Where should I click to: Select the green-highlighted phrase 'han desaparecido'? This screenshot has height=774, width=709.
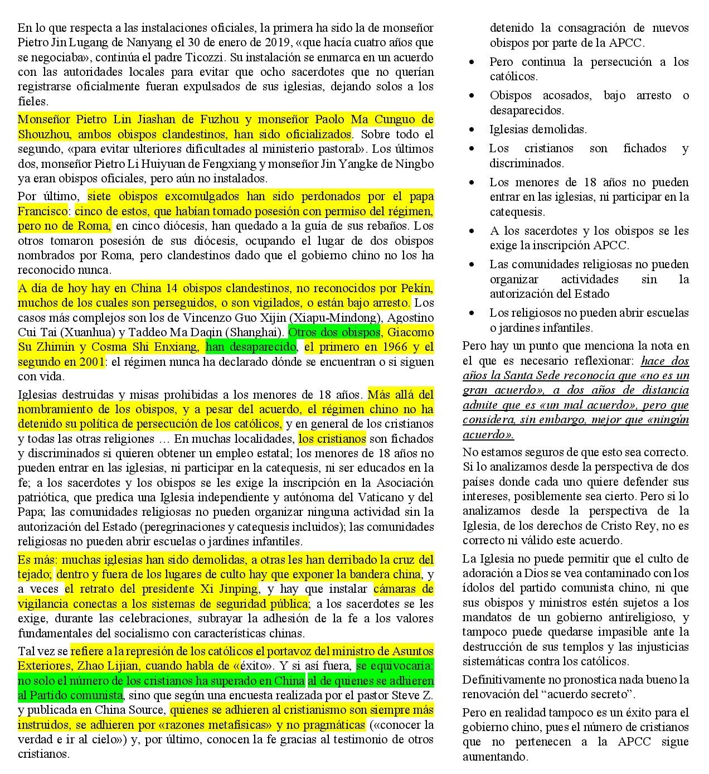[251, 347]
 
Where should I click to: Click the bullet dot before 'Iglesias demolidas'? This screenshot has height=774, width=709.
[473, 129]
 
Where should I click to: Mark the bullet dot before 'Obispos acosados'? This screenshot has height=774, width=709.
[473, 95]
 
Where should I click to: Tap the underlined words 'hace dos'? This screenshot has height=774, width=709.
[664, 361]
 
